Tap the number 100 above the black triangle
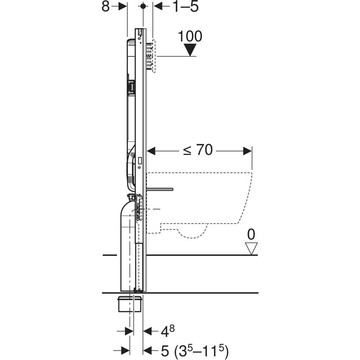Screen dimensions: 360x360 point(190,36)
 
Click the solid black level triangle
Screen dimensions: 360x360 point(190,50)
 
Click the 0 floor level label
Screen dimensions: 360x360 point(252,234)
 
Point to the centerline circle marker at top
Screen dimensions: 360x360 point(143,6)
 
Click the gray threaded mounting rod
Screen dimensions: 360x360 point(161,188)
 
